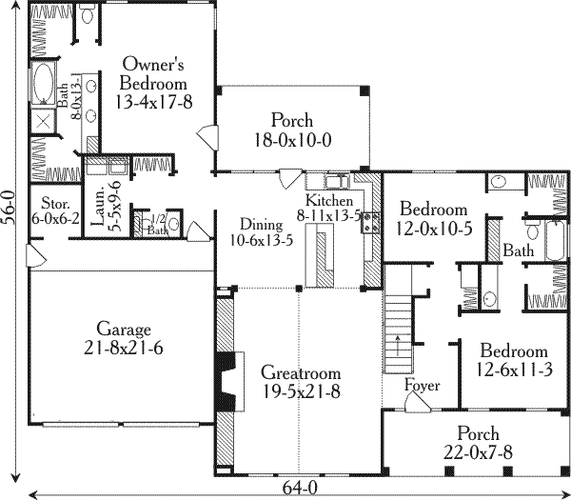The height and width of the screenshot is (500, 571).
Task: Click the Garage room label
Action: click(124, 330)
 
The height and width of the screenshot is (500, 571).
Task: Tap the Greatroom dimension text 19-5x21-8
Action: click(301, 392)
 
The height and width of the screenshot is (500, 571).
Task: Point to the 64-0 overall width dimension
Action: click(300, 488)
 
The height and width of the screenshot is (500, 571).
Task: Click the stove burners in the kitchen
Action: click(370, 222)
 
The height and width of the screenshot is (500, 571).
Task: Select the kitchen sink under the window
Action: click(337, 181)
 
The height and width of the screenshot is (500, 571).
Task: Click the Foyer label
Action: click(423, 385)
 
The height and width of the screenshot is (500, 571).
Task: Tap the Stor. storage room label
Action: click(55, 202)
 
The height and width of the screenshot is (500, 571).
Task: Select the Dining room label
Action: click(262, 225)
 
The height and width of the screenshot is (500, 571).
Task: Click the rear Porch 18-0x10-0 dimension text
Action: click(293, 140)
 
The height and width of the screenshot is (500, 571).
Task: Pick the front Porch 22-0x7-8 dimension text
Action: click(478, 453)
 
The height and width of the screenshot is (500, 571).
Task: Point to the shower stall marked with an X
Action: click(44, 121)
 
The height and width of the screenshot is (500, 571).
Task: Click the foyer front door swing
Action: click(418, 403)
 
